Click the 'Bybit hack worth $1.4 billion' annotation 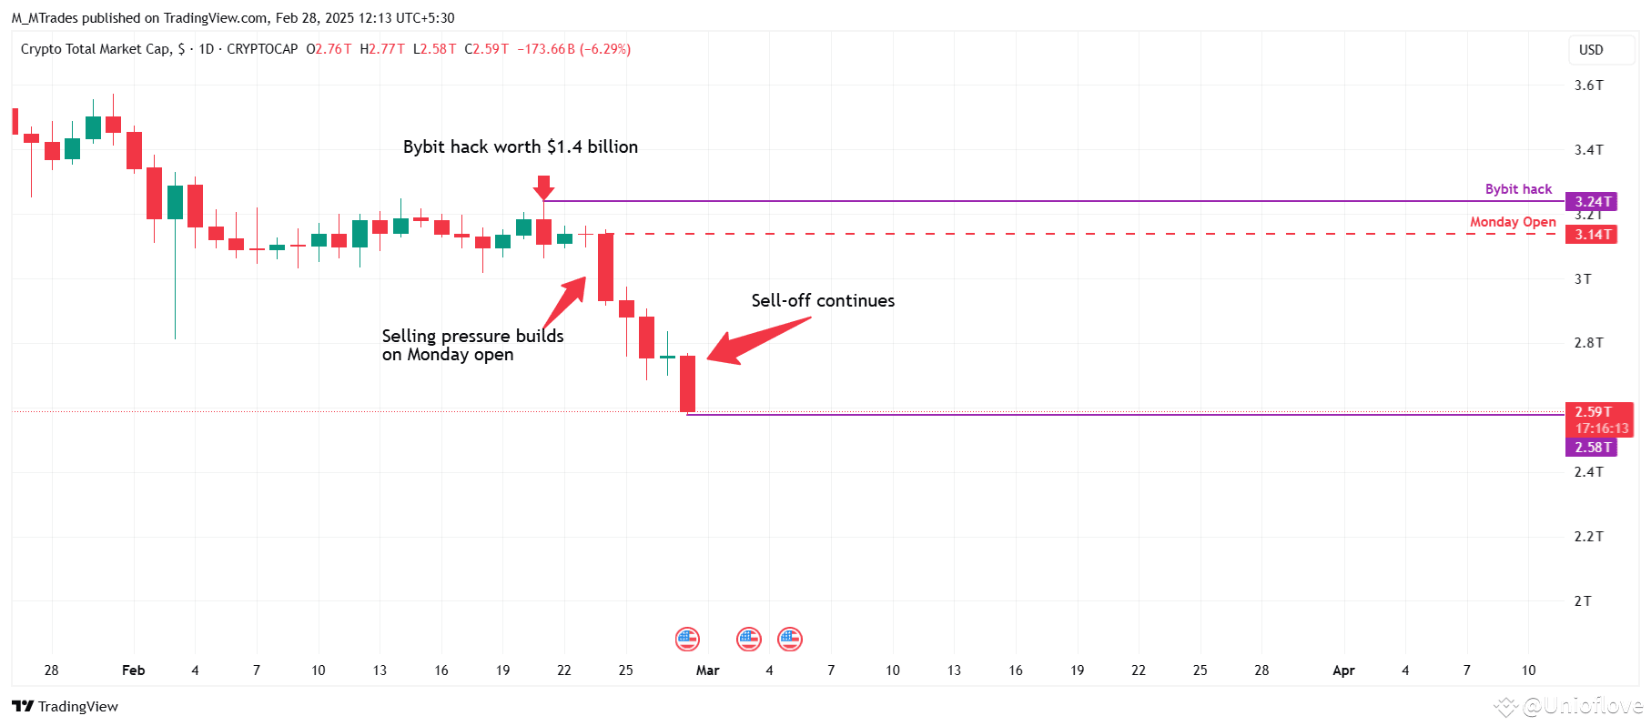[x=520, y=147]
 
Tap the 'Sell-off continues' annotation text [x=822, y=301]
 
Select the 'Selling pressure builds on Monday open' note [x=472, y=346]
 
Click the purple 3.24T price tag [x=1591, y=202]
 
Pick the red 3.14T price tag [x=1591, y=235]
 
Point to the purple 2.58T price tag [x=1591, y=448]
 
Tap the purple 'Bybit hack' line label [x=1518, y=189]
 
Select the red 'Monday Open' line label [x=1513, y=222]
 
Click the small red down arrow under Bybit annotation [x=543, y=187]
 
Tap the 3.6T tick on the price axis [x=1588, y=86]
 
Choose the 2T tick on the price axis [x=1583, y=601]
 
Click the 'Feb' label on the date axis [x=133, y=671]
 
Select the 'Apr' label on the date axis [x=1343, y=671]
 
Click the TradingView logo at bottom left [x=66, y=707]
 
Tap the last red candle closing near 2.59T [x=687, y=383]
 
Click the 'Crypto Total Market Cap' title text [x=96, y=49]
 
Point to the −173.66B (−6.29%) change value [x=573, y=49]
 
